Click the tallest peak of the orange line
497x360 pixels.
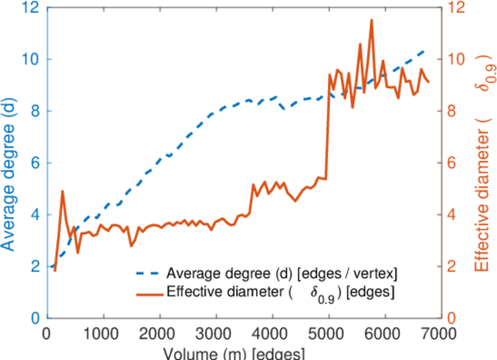(x=372, y=20)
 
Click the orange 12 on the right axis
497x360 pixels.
(x=457, y=8)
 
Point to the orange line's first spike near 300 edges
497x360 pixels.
(x=62, y=191)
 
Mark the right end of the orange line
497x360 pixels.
(x=429, y=82)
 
